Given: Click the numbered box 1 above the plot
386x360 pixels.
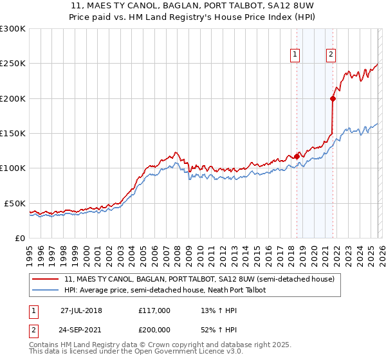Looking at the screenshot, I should pyautogui.click(x=295, y=55).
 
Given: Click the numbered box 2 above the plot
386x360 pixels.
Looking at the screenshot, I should pyautogui.click(x=331, y=55).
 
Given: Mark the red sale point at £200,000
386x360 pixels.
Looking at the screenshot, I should pyautogui.click(x=333, y=98).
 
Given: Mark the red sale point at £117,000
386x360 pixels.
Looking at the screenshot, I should pyautogui.click(x=297, y=156).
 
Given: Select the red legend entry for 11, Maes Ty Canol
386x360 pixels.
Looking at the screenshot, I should pyautogui.click(x=199, y=280).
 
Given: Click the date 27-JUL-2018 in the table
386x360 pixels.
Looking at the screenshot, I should pyautogui.click(x=81, y=310).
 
